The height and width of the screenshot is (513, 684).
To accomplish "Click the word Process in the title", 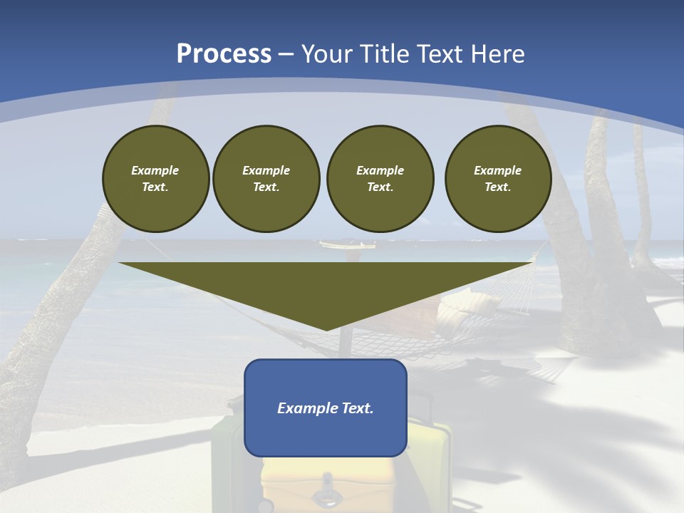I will click(224, 54).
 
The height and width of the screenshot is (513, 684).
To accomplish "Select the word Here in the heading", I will click(498, 54).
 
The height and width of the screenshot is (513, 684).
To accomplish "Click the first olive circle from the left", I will click(155, 179).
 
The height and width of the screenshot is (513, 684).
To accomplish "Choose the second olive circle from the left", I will click(266, 179).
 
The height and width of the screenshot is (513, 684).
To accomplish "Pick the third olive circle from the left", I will click(380, 179).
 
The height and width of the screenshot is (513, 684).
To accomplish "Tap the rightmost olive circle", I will click(497, 179).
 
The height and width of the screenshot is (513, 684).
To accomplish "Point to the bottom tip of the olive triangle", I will click(326, 329).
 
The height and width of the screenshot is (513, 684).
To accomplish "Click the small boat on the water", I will click(347, 245).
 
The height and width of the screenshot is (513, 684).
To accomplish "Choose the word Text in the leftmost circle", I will click(155, 187).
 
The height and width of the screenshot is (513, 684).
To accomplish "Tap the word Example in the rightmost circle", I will click(497, 170).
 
